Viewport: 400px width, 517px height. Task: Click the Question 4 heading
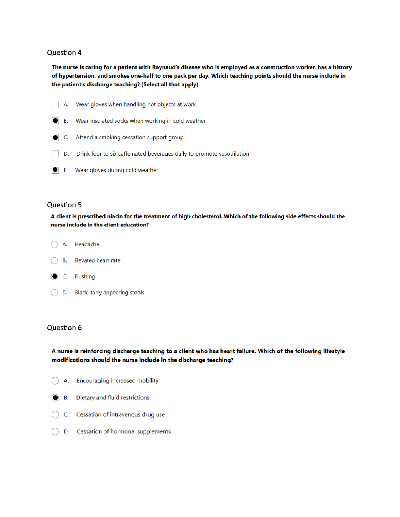pyautogui.click(x=64, y=53)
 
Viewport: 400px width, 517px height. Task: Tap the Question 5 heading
pyautogui.click(x=64, y=205)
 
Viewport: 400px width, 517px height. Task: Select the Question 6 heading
pyautogui.click(x=64, y=328)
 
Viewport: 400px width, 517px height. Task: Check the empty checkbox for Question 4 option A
pyautogui.click(x=55, y=104)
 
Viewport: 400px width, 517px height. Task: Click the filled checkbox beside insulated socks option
pyautogui.click(x=55, y=121)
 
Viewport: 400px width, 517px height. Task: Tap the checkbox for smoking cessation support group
pyautogui.click(x=55, y=137)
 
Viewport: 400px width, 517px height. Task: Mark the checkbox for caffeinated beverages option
pyautogui.click(x=55, y=154)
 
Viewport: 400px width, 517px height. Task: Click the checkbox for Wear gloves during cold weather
pyautogui.click(x=55, y=170)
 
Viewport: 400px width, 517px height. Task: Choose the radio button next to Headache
pyautogui.click(x=55, y=244)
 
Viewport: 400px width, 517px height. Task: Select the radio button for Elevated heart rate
pyautogui.click(x=55, y=260)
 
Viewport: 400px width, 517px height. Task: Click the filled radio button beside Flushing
pyautogui.click(x=55, y=276)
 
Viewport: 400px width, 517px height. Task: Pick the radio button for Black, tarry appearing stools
pyautogui.click(x=55, y=292)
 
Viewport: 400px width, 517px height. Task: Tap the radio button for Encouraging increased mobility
pyautogui.click(x=55, y=381)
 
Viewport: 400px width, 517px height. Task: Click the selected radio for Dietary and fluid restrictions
pyautogui.click(x=55, y=398)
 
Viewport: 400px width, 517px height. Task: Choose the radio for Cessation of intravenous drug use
pyautogui.click(x=55, y=415)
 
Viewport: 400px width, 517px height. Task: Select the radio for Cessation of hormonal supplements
pyautogui.click(x=55, y=431)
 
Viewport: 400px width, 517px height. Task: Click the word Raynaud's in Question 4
pyautogui.click(x=166, y=67)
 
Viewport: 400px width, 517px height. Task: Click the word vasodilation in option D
pyautogui.click(x=234, y=154)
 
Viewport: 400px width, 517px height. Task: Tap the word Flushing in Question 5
pyautogui.click(x=85, y=276)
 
